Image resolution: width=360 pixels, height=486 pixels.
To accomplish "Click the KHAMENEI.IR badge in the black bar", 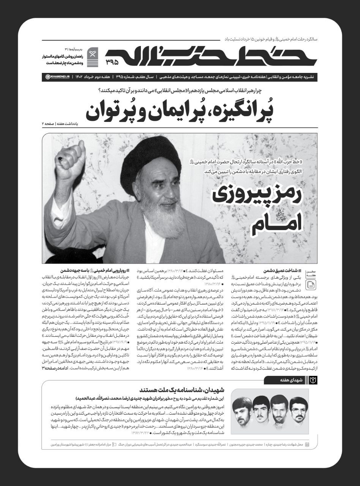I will tap(56, 76).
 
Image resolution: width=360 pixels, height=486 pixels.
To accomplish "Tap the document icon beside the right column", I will tap(310, 285).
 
